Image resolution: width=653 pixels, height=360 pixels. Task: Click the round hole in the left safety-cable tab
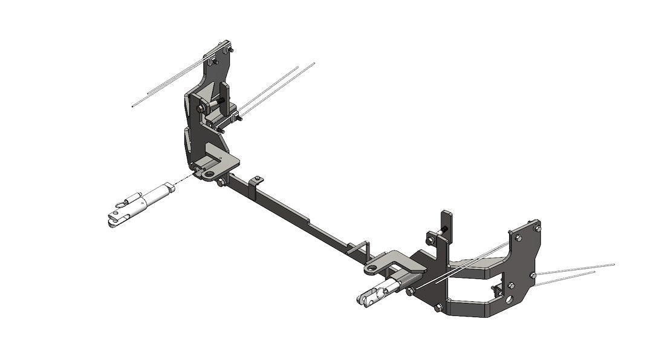[209, 174]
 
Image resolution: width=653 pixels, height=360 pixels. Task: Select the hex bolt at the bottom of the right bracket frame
[438, 307]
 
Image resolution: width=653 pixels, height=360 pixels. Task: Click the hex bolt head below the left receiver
[223, 182]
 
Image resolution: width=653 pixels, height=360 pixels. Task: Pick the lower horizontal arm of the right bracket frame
[472, 307]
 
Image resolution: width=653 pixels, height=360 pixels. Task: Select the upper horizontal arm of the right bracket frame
[478, 266]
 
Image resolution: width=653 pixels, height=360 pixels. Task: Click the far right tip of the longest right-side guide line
[614, 264]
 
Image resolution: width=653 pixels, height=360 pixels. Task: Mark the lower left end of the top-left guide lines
[133, 106]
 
